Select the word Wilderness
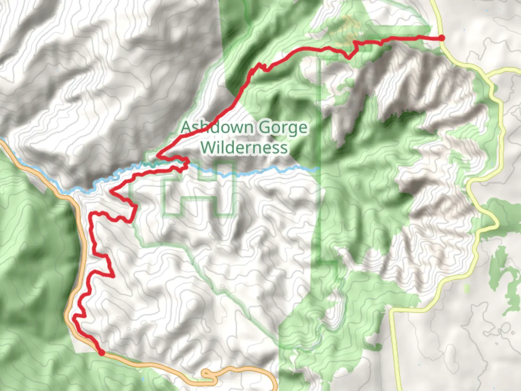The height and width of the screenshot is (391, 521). click(x=245, y=148)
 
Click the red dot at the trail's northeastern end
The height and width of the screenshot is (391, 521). click(x=442, y=38)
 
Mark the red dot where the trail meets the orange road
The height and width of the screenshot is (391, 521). click(x=102, y=352)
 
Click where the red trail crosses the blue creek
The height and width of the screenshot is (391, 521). click(x=185, y=165)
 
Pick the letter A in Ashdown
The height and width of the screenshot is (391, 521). click(x=186, y=127)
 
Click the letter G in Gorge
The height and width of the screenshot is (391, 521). click(x=264, y=127)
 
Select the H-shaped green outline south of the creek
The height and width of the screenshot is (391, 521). click(x=199, y=190)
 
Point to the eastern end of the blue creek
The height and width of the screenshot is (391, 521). click(x=318, y=168)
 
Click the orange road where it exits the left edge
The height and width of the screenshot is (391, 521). click(x=1, y=140)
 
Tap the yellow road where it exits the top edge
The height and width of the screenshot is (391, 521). click(x=433, y=2)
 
